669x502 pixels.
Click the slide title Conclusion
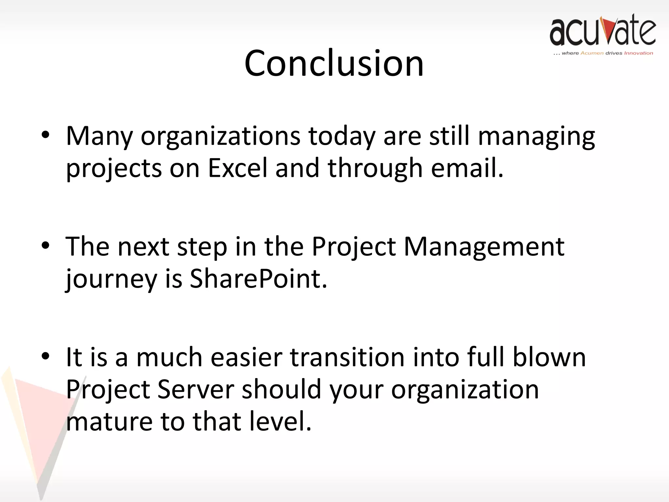tap(334, 63)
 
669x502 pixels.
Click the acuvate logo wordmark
tap(602, 31)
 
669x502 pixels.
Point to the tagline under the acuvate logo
tap(603, 53)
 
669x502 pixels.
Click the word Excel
tap(237, 168)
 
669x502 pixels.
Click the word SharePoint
tap(258, 279)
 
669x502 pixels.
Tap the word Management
tap(484, 246)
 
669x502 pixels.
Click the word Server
tap(196, 389)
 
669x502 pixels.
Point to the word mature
tap(109, 422)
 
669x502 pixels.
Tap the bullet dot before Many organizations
tap(45, 135)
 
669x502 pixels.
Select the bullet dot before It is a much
tap(45, 356)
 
